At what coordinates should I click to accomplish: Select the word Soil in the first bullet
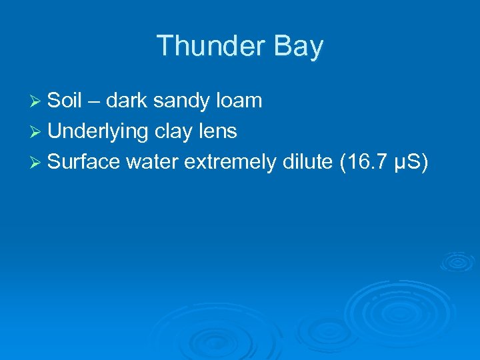coord(65,101)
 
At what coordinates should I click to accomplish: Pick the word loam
coord(239,101)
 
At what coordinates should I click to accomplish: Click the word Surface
coord(83,162)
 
